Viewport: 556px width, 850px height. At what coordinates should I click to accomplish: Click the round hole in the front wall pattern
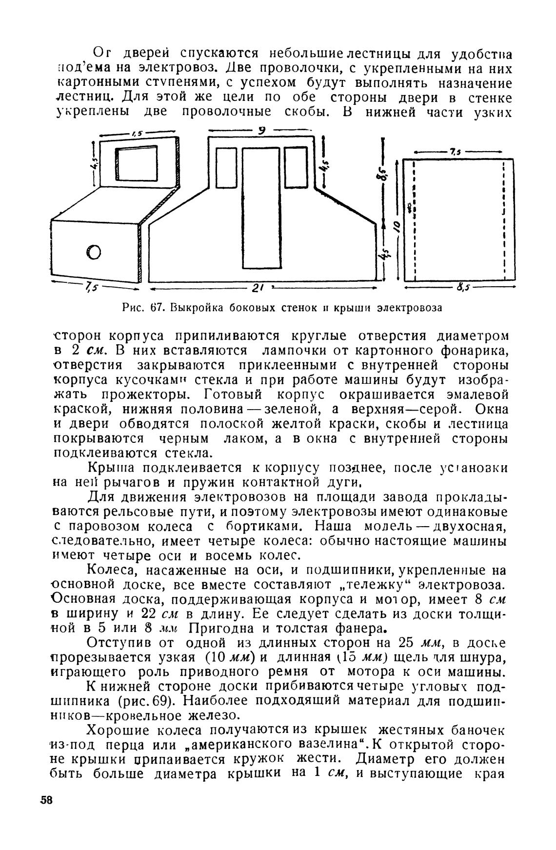coord(94,251)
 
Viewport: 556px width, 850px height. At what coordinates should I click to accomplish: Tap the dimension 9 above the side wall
coord(261,131)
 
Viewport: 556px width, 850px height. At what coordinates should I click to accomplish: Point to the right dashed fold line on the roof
coord(503,219)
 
